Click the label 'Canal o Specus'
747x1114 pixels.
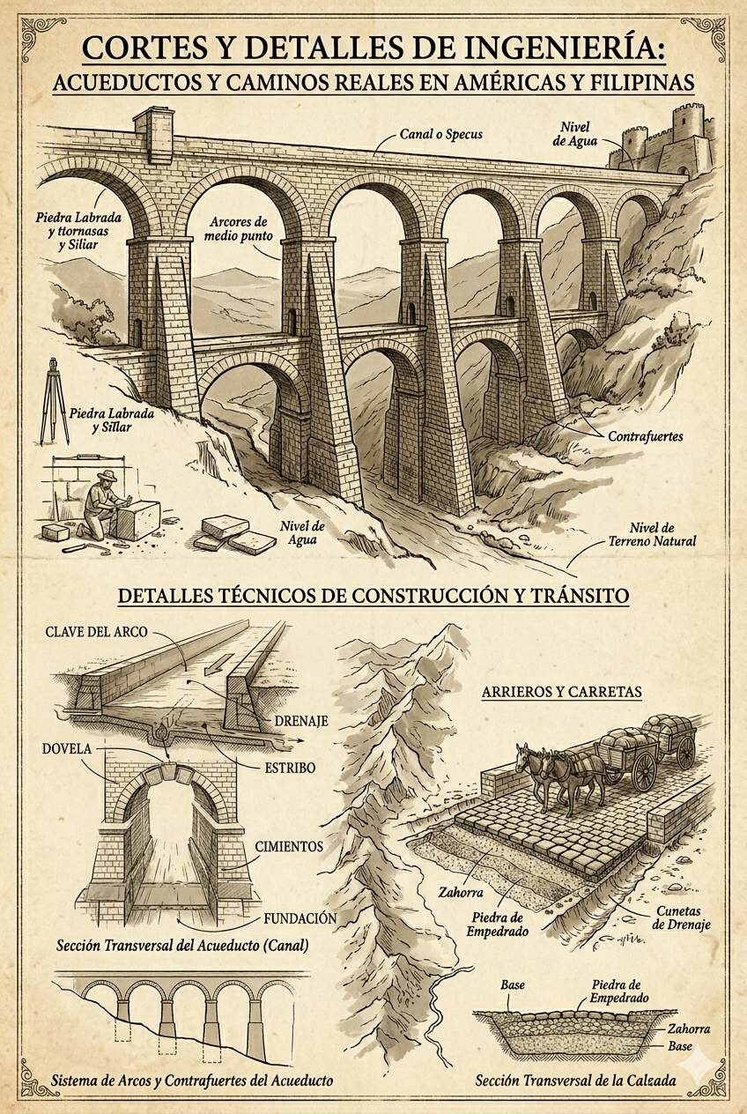(x=433, y=135)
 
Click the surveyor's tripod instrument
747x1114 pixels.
(x=54, y=401)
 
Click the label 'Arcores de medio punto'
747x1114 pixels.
(x=240, y=229)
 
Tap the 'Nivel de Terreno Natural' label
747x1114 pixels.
(x=650, y=533)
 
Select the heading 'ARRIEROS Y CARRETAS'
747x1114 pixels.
(x=561, y=692)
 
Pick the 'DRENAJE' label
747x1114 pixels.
(x=301, y=721)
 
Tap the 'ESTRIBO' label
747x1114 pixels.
(x=290, y=768)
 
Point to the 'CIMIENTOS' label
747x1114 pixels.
(x=288, y=846)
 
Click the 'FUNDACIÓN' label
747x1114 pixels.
(x=300, y=918)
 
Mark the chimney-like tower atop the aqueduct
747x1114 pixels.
(x=154, y=130)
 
